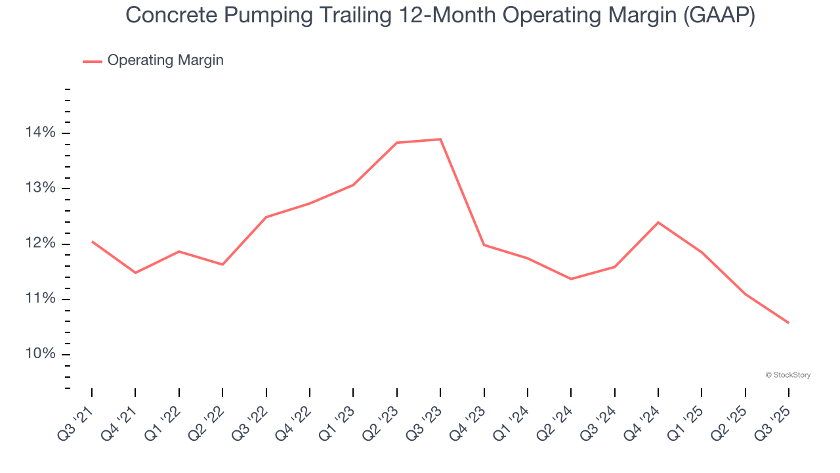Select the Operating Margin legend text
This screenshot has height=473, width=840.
tap(165, 60)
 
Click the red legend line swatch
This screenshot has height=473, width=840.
tap(92, 61)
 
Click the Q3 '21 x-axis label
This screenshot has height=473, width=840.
tap(77, 420)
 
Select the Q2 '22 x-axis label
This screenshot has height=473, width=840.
tap(207, 420)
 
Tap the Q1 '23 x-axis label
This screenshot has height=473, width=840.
tap(338, 420)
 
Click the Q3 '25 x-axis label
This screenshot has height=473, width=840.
tap(774, 420)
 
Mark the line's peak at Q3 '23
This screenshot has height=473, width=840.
tap(440, 139)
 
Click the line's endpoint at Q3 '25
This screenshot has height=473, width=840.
tap(788, 323)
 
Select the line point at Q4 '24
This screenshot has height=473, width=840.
tap(658, 222)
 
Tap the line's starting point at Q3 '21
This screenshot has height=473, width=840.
tap(92, 241)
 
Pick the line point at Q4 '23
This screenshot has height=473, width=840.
tap(484, 244)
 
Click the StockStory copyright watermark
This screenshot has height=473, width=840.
tap(787, 375)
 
